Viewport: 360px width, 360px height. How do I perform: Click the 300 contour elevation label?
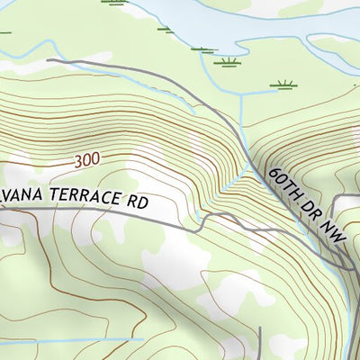click(x=88, y=159)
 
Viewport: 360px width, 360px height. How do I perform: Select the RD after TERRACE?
click(x=135, y=202)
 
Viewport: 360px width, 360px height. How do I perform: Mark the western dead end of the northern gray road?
click(x=48, y=60)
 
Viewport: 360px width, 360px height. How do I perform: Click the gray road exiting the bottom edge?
click(x=260, y=346)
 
